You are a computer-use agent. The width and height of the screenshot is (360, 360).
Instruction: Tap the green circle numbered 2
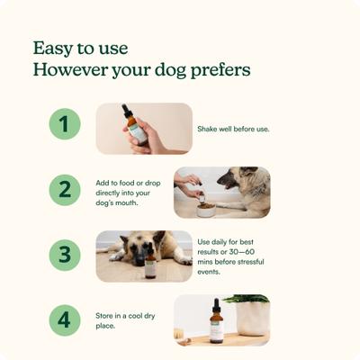[65, 190]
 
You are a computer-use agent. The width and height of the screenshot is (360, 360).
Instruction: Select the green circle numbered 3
[65, 255]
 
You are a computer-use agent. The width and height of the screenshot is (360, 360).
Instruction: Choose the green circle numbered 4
[65, 319]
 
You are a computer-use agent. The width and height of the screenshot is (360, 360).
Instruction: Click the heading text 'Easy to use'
[80, 47]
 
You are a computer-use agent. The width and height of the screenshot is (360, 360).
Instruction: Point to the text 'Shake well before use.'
[233, 129]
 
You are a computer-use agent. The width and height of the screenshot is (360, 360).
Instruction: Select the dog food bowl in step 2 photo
[203, 206]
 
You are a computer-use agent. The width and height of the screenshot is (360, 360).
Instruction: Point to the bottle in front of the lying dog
[151, 265]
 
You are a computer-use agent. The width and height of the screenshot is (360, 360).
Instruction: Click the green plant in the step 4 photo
[248, 299]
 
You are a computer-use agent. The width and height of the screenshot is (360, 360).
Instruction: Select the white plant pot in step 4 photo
[252, 319]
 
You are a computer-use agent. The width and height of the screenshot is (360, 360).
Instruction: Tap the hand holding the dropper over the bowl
[189, 184]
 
